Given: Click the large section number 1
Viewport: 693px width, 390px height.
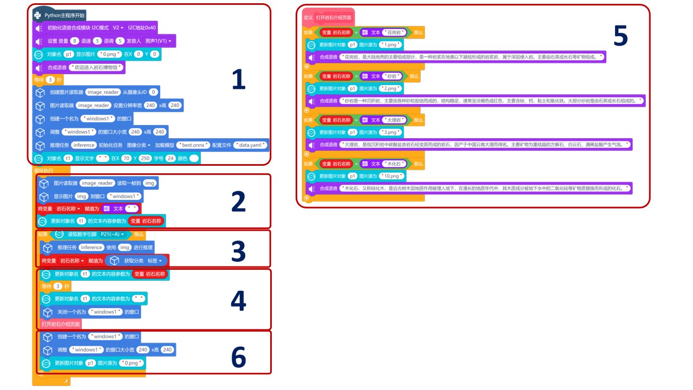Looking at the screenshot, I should tap(238, 80).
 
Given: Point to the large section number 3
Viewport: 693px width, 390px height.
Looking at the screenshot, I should tap(238, 251).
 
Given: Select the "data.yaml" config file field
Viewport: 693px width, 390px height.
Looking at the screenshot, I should tap(250, 145).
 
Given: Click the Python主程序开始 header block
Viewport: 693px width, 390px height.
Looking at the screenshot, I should tap(60, 15).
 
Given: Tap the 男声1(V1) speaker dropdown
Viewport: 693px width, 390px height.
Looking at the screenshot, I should tap(158, 41).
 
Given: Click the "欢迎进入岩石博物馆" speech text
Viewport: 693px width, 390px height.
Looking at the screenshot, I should tap(97, 68).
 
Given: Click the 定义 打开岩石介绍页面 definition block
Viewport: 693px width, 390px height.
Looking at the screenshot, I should tap(328, 17).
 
